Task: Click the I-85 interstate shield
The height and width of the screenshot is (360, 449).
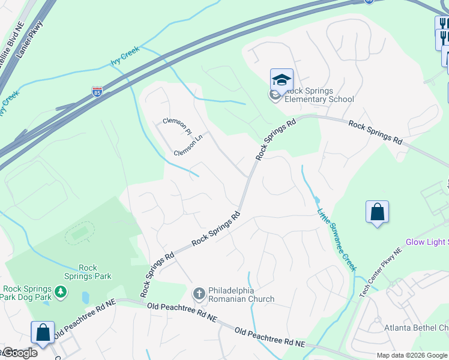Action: (98, 92)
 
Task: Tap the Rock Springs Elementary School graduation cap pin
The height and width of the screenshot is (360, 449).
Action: (282, 80)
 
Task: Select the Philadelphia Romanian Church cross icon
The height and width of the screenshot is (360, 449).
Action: (199, 293)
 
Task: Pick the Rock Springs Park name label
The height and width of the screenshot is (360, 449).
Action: (88, 272)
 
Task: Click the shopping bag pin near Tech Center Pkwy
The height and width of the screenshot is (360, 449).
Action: (377, 212)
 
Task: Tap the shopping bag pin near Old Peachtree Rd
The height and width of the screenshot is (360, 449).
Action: (43, 333)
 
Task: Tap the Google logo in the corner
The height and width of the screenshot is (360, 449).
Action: (19, 353)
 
